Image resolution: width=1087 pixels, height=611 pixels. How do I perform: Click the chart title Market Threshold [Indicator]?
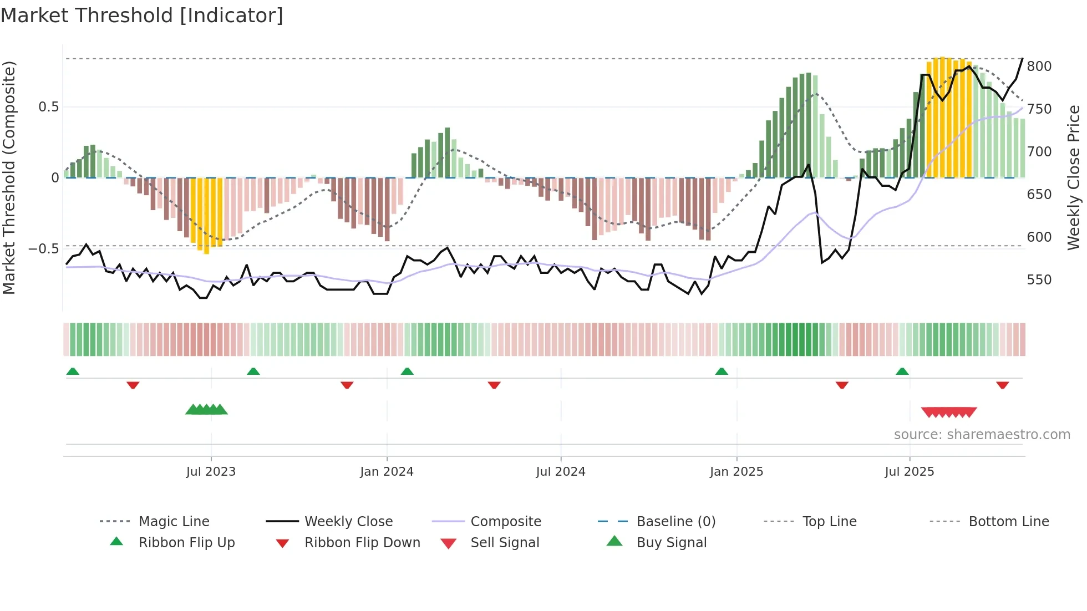[x=142, y=16]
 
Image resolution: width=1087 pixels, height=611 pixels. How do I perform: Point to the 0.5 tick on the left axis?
[x=48, y=107]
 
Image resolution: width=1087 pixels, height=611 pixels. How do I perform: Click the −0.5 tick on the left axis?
[x=44, y=249]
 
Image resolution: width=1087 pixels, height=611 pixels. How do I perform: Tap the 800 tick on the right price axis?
[x=1039, y=67]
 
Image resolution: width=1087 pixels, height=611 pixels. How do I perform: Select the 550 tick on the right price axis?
[x=1039, y=280]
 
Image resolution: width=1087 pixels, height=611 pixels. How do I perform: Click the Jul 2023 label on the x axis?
[x=211, y=472]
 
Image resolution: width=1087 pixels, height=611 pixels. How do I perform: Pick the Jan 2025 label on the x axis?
[x=736, y=472]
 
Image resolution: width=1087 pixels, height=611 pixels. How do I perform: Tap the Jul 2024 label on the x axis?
[x=560, y=472]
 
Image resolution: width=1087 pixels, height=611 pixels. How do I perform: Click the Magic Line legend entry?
[x=174, y=522]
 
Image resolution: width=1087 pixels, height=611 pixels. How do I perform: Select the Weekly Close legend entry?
[x=348, y=522]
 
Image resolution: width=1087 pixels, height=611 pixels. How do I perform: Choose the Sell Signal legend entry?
[x=504, y=543]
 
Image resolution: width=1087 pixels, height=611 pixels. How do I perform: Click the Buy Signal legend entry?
[x=671, y=543]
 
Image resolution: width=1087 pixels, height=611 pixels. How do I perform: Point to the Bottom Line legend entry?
[x=1008, y=522]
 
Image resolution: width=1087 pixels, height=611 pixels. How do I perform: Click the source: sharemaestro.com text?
[x=982, y=435]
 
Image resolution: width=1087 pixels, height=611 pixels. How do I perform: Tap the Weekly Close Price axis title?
[x=1074, y=177]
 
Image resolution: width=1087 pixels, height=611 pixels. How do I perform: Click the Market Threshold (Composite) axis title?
[x=9, y=177]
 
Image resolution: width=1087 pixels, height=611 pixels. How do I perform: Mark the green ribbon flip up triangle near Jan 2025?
[x=722, y=371]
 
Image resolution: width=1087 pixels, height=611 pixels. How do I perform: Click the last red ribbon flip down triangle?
[x=1002, y=385]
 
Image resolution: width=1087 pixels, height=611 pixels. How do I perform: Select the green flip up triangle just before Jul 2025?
[x=902, y=371]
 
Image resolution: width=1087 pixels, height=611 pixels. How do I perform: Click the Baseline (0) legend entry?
[x=675, y=522]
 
